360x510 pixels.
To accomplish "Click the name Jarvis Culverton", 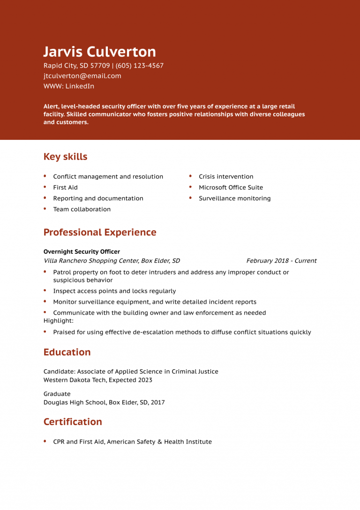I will tap(99, 52).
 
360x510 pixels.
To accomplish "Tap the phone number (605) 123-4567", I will tap(140, 66).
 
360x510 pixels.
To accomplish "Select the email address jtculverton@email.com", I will tap(82, 76).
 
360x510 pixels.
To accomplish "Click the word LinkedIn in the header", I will tap(80, 86).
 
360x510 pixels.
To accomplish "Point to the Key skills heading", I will tap(65, 157).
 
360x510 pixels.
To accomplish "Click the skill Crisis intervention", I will tap(226, 177).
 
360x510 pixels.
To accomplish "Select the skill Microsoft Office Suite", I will tap(231, 188).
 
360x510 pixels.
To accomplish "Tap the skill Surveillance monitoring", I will tap(234, 198).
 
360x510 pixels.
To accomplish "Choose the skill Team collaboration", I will tap(82, 210).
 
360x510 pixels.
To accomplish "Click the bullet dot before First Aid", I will tap(45, 187).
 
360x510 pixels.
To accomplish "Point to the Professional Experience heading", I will tap(100, 232).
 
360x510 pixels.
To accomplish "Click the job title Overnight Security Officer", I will tap(82, 252).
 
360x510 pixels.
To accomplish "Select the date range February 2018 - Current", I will tap(281, 261).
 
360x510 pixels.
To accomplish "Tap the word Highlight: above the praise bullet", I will tap(58, 321).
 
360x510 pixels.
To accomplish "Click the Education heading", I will tap(67, 352).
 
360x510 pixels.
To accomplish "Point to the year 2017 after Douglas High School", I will tap(158, 403).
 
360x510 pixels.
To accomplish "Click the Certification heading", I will tap(73, 422).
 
